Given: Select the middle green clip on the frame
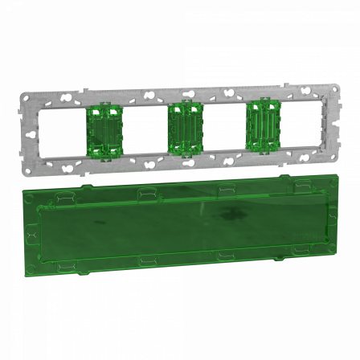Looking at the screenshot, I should point(182,129).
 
